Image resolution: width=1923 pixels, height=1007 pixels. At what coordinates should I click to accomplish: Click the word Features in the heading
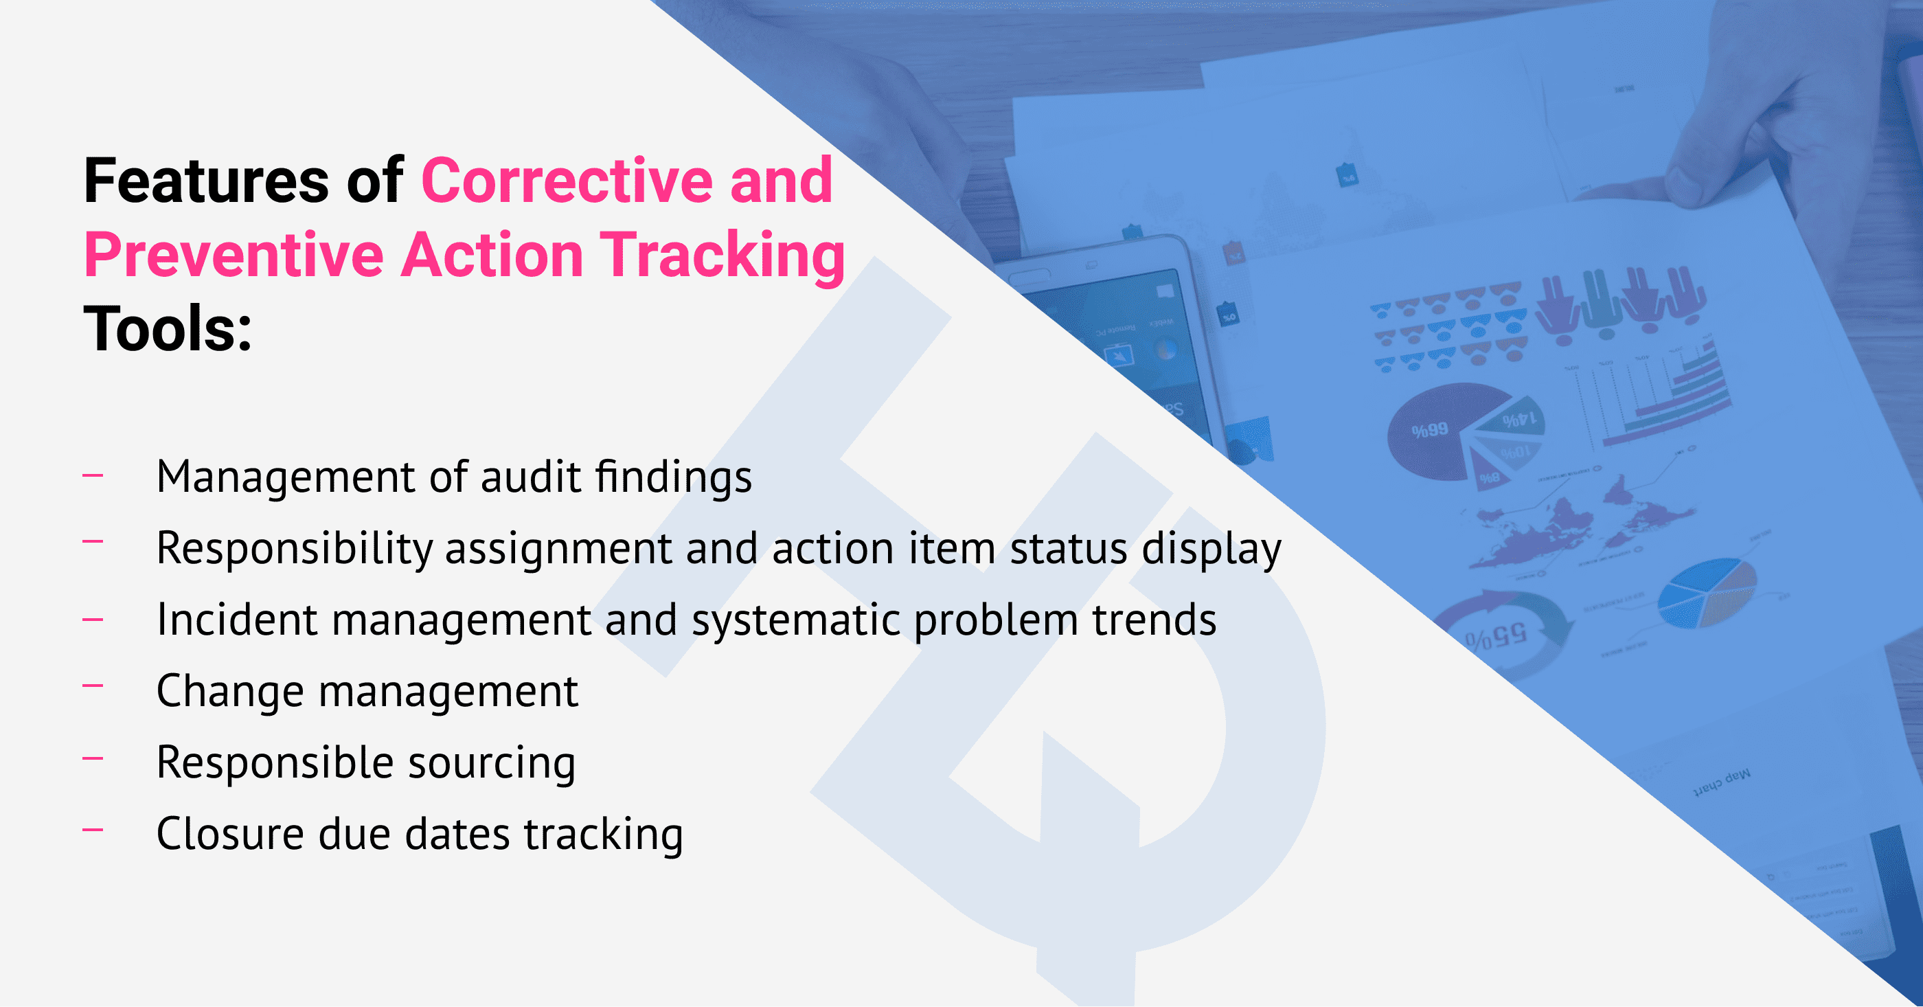point(206,181)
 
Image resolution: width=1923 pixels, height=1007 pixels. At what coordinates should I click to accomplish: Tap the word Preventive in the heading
point(234,256)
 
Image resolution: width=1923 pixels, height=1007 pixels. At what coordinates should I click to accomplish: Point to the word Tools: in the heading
point(168,329)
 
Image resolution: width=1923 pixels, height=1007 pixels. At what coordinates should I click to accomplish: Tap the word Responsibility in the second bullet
point(294,550)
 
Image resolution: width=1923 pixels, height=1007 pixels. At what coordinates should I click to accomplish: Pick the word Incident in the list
point(238,620)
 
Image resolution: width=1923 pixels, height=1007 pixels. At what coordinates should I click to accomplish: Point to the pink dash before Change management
point(93,686)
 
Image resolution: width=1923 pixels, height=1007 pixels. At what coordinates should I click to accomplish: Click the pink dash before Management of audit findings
point(93,474)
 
